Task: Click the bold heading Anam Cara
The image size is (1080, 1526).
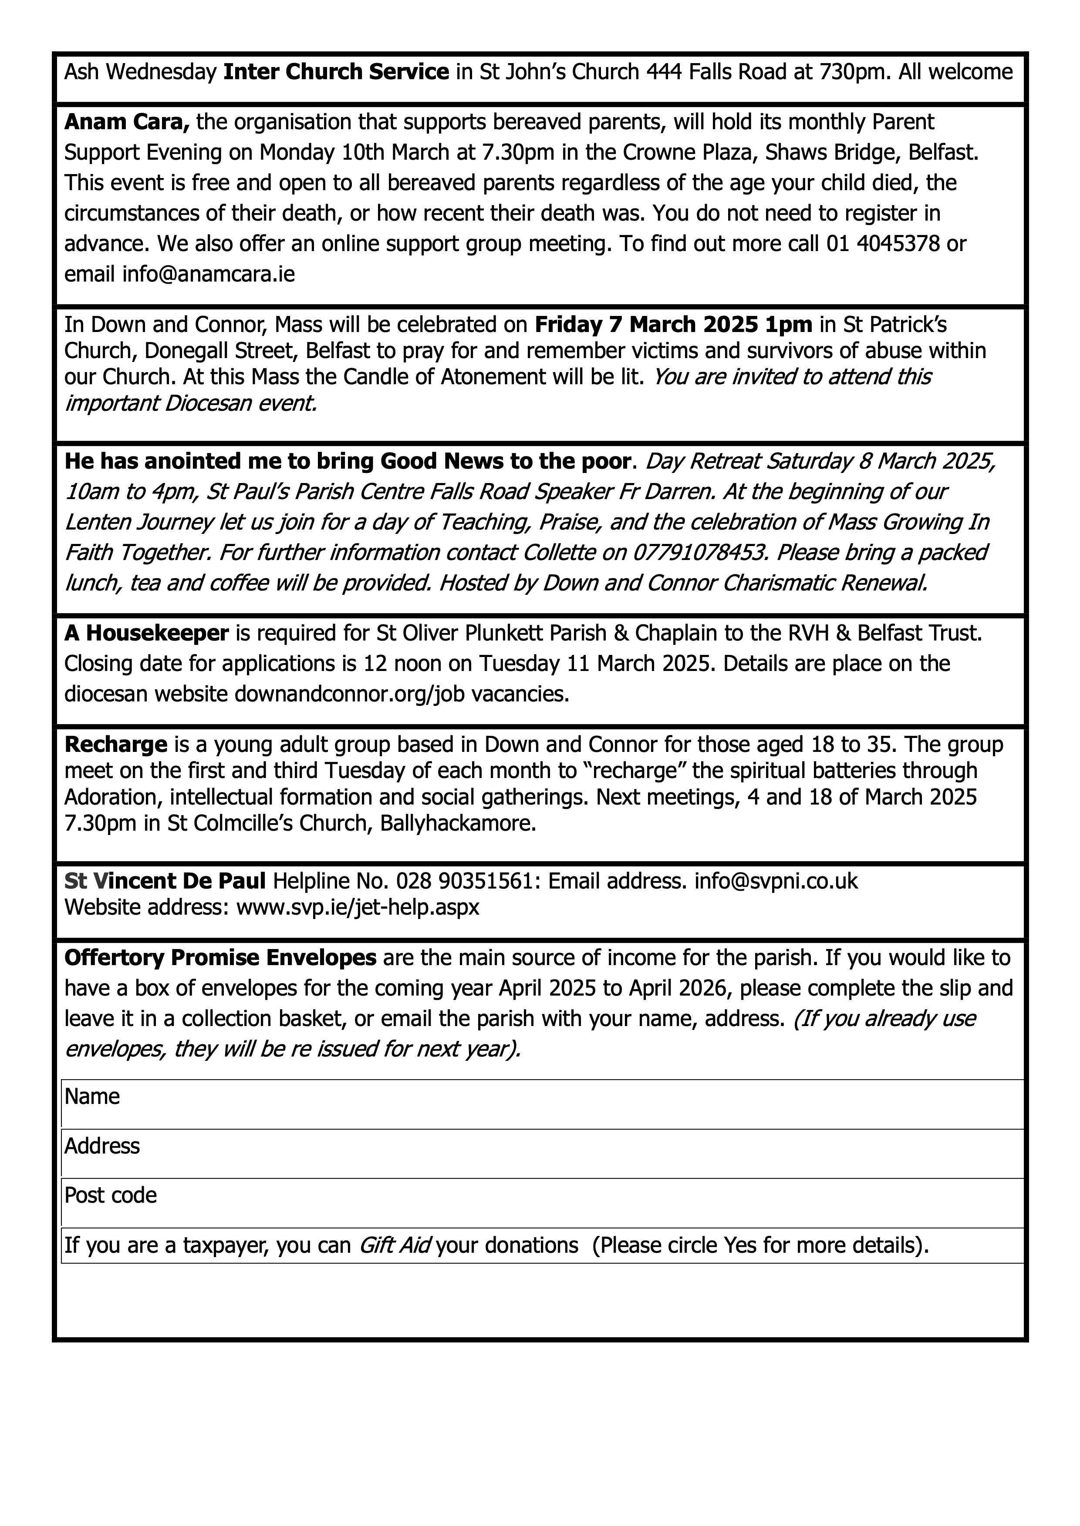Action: [x=127, y=122]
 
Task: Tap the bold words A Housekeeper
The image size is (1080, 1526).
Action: [x=146, y=634]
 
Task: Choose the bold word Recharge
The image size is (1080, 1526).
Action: [x=116, y=745]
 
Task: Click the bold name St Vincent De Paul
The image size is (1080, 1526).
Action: [x=165, y=881]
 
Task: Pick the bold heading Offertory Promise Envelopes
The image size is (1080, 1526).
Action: [x=220, y=958]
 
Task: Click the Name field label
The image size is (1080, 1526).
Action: [x=92, y=1097]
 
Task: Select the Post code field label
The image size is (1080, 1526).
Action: [x=110, y=1195]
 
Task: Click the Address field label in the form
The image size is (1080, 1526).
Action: [x=102, y=1146]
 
